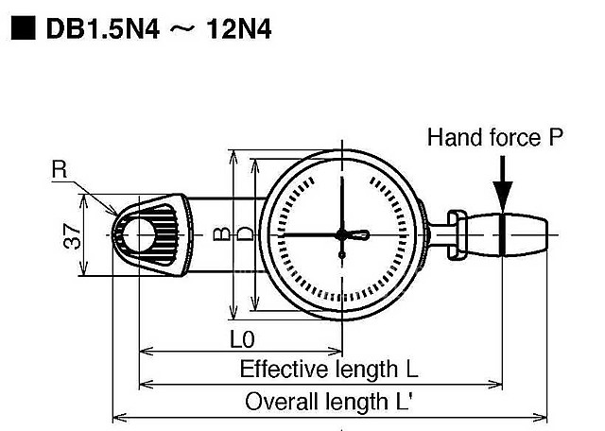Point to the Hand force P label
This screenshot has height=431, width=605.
click(x=494, y=138)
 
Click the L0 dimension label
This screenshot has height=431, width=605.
click(x=240, y=338)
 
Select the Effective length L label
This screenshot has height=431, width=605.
click(x=328, y=369)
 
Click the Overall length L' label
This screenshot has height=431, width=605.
click(x=328, y=402)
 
